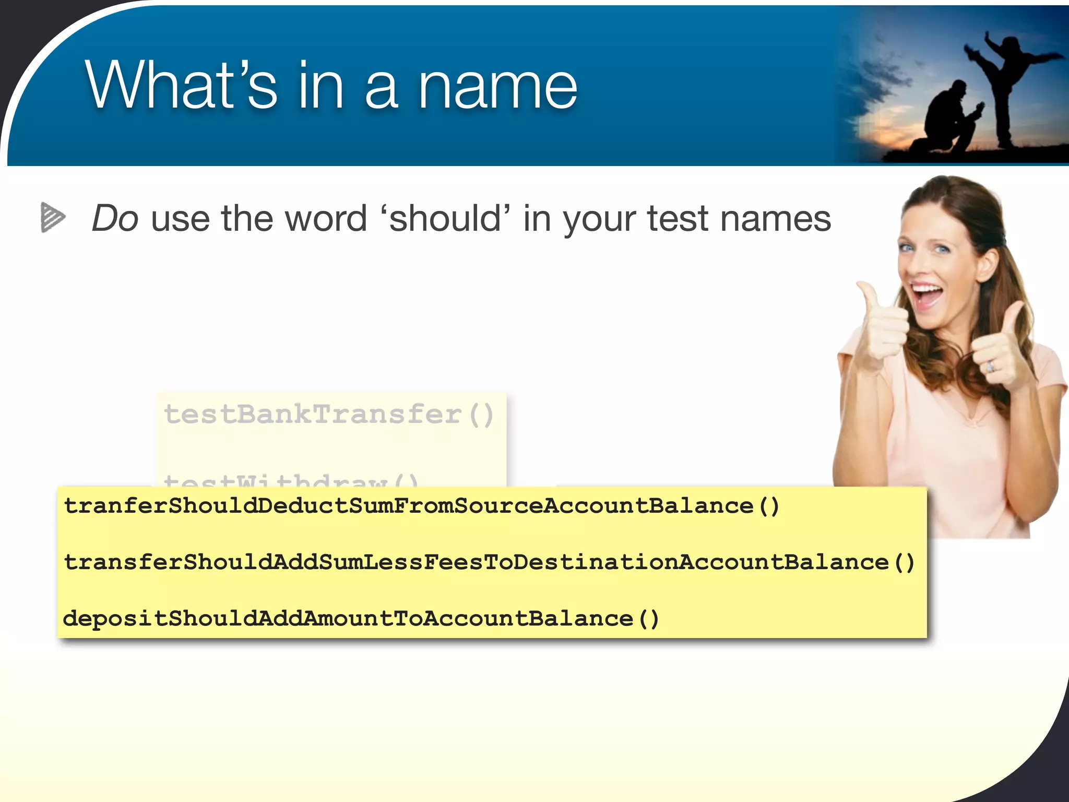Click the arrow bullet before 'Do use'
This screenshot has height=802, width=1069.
(53, 217)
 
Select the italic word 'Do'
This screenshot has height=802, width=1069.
(115, 218)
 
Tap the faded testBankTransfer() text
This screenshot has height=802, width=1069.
(329, 415)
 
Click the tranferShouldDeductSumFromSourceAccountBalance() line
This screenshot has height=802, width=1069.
(421, 506)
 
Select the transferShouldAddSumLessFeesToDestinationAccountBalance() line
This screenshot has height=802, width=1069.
(489, 562)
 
